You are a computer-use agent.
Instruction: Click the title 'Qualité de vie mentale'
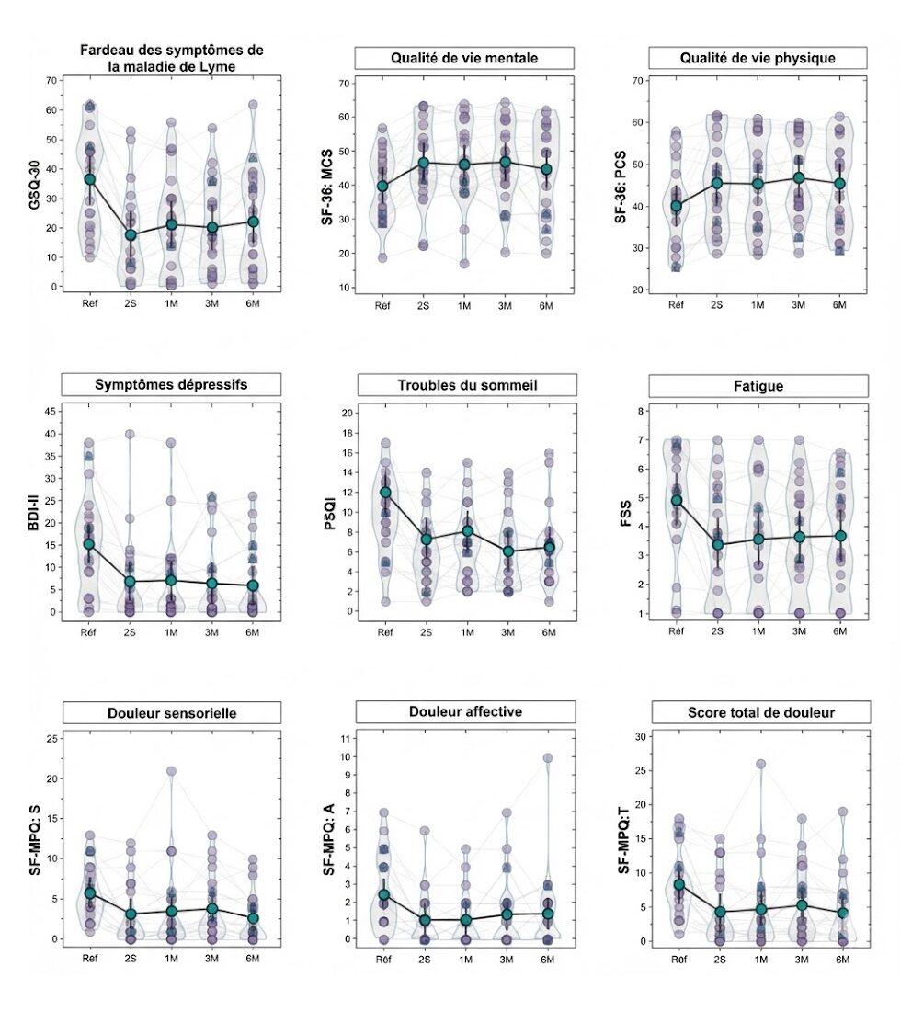click(464, 58)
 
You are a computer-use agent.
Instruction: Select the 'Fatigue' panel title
click(758, 385)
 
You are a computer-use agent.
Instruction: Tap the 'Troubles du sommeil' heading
click(466, 385)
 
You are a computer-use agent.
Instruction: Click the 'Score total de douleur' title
click(758, 712)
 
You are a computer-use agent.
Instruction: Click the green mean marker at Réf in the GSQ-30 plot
click(89, 179)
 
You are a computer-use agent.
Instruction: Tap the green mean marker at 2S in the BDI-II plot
click(131, 582)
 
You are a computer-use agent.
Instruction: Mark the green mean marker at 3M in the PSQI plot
click(507, 551)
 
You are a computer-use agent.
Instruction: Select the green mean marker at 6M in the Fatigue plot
click(840, 536)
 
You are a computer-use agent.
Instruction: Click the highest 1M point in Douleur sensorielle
click(172, 772)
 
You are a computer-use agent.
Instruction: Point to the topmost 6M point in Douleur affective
click(548, 758)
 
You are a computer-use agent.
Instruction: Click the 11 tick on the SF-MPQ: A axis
click(342, 738)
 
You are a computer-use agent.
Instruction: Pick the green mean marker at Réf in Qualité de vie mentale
click(382, 187)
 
